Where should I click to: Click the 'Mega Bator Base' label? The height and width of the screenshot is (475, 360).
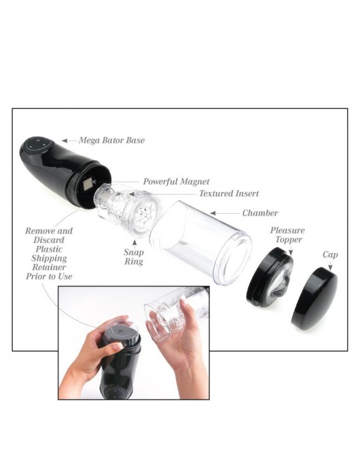pyautogui.click(x=111, y=140)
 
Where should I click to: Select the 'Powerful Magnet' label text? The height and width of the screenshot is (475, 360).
pyautogui.click(x=176, y=181)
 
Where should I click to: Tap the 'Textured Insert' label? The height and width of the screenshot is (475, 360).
pyautogui.click(x=229, y=193)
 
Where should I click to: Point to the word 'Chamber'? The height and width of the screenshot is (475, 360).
pyautogui.click(x=260, y=213)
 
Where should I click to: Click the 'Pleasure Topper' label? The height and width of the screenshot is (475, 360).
pyautogui.click(x=287, y=235)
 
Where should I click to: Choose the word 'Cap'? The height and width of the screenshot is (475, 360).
pyautogui.click(x=330, y=254)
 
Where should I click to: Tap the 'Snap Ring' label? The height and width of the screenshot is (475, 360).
pyautogui.click(x=134, y=256)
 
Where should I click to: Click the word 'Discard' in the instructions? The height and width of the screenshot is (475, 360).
pyautogui.click(x=49, y=240)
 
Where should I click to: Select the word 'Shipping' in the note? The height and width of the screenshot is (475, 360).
pyautogui.click(x=49, y=258)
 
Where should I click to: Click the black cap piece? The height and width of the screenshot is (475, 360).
pyautogui.click(x=314, y=299)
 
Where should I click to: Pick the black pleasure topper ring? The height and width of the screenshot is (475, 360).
pyautogui.click(x=269, y=277)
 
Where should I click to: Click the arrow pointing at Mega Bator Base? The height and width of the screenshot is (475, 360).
pyautogui.click(x=69, y=140)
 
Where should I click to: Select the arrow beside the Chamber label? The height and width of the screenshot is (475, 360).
pyautogui.click(x=225, y=213)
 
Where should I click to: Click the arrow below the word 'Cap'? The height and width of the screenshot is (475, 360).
pyautogui.click(x=330, y=266)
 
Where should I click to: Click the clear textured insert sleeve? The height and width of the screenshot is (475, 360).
pyautogui.click(x=128, y=210)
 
